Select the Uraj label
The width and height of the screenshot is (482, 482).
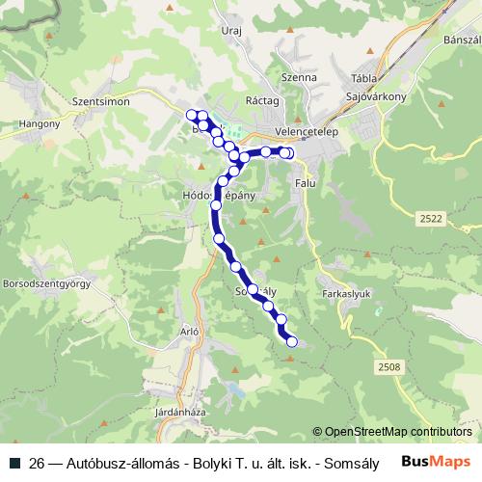(x=230, y=31)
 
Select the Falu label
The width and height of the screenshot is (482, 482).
(x=306, y=182)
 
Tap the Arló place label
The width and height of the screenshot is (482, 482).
(x=189, y=331)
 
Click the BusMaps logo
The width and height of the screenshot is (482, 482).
(x=437, y=461)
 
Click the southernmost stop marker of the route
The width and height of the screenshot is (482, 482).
(x=291, y=337)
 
